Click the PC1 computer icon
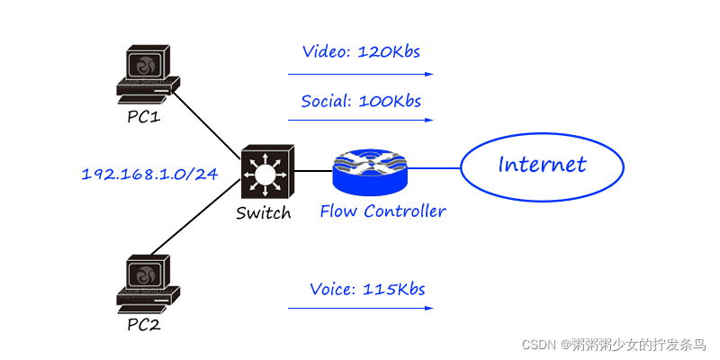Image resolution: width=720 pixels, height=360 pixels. coord(145,75)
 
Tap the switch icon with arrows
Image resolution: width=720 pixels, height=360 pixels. coord(266,171)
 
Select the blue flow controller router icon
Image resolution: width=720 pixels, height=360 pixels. coord(370,171)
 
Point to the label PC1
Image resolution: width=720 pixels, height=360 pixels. coord(143,116)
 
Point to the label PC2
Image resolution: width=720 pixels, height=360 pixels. coord(143,324)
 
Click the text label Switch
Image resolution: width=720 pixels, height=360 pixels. coord(264,213)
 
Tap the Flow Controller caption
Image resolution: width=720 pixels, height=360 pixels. coord(382,211)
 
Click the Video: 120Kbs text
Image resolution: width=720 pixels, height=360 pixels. coord(362,51)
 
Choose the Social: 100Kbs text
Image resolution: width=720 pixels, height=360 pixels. coord(361,100)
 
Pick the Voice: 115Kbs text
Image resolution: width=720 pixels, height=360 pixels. coord(367,289)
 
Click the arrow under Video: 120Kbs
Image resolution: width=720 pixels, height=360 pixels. coord(361,74)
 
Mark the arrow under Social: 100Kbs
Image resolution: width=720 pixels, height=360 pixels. coord(361,120)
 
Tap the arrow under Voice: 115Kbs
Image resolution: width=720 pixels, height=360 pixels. coord(361,309)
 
